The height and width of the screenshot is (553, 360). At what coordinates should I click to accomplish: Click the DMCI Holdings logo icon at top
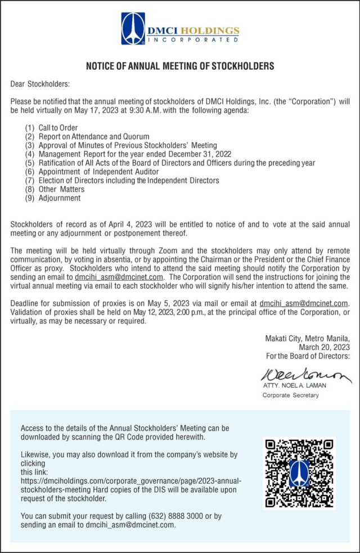click(133, 29)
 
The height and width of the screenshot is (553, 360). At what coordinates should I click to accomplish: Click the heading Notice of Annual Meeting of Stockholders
click(180, 66)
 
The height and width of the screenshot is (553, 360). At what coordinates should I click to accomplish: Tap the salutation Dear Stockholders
click(40, 84)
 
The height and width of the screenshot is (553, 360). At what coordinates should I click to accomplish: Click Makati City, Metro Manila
click(311, 339)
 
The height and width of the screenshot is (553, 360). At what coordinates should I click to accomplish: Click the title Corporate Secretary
click(290, 395)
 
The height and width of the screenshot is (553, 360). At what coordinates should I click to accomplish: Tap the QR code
click(299, 473)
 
